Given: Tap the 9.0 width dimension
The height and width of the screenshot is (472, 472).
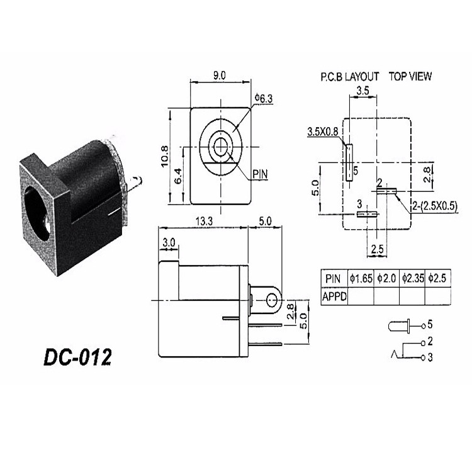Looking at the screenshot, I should (220, 76).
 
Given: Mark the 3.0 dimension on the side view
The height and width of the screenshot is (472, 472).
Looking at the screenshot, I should (169, 243).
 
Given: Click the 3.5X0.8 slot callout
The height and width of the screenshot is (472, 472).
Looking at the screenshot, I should (323, 132).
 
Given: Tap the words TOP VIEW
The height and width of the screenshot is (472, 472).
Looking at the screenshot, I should (410, 76).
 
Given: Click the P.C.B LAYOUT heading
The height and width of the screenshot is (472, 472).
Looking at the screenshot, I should (349, 76).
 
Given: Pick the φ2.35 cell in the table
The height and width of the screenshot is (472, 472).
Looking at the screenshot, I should (413, 278).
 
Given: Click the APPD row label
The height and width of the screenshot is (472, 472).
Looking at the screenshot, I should (334, 295).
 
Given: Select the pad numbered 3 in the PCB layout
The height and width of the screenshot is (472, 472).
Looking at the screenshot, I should (366, 214).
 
